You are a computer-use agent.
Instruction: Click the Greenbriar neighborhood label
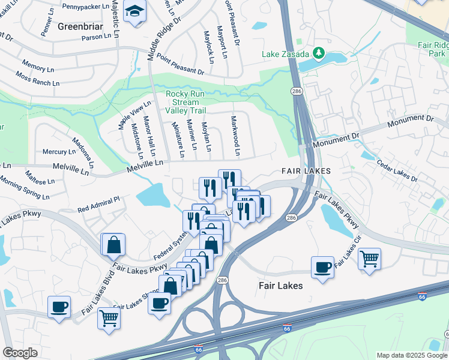pyautogui.click(x=76, y=26)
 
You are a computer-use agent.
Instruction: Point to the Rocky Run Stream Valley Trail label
pyautogui.click(x=190, y=103)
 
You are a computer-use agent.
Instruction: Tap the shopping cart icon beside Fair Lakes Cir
pyautogui.click(x=369, y=259)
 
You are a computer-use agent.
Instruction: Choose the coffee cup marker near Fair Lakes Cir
pyautogui.click(x=322, y=266)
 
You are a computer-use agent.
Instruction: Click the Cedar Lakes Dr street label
pyautogui.click(x=397, y=170)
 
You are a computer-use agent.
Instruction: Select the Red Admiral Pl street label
pyautogui.click(x=99, y=205)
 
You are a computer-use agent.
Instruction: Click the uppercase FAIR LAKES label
pyautogui.click(x=306, y=172)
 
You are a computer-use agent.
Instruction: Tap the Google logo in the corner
pyautogui.click(x=19, y=353)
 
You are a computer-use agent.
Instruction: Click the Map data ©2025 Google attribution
pyautogui.click(x=411, y=355)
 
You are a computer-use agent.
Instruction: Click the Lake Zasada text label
pyautogui.click(x=285, y=54)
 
